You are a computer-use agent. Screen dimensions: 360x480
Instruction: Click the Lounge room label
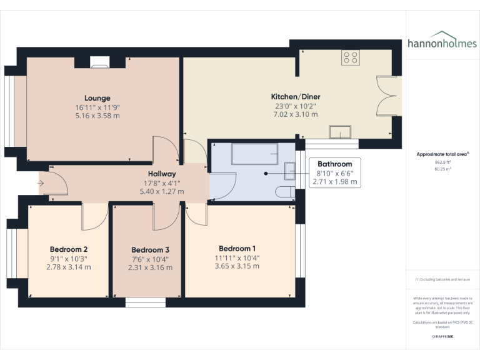97,98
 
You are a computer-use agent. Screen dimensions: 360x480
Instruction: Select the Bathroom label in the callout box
334,164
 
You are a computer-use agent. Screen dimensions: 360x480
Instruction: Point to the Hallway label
162,174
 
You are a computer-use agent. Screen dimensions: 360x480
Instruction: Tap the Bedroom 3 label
150,249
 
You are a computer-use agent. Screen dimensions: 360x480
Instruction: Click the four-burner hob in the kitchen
350,58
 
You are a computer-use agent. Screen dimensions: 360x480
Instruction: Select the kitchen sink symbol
340,132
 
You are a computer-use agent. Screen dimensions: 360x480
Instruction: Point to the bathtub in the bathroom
254,153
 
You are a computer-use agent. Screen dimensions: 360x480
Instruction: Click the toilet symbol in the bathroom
285,191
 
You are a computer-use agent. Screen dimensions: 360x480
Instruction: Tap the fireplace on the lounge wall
99,61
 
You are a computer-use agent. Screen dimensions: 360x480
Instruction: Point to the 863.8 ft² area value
442,161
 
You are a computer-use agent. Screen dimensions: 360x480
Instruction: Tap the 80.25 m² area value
442,168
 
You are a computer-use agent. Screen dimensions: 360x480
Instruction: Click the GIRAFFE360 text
442,336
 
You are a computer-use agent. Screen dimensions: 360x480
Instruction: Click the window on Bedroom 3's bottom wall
145,302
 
